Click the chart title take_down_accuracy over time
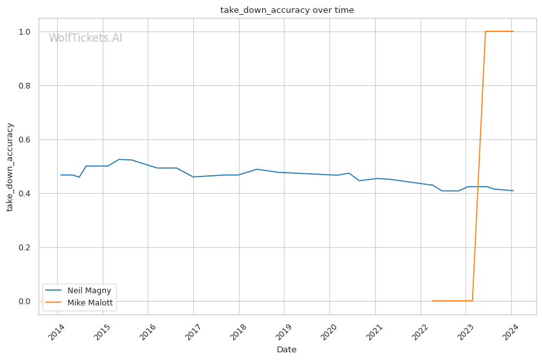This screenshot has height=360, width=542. (287, 10)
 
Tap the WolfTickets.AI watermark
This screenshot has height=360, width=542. (85, 39)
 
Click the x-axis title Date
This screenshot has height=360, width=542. (286, 350)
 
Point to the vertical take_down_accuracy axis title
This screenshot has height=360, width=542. (10, 166)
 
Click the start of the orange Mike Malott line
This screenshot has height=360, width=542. (432, 300)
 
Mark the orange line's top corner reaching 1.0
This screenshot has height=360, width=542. (485, 31)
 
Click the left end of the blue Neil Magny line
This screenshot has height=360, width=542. (61, 175)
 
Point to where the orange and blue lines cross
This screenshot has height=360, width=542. (477, 187)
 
